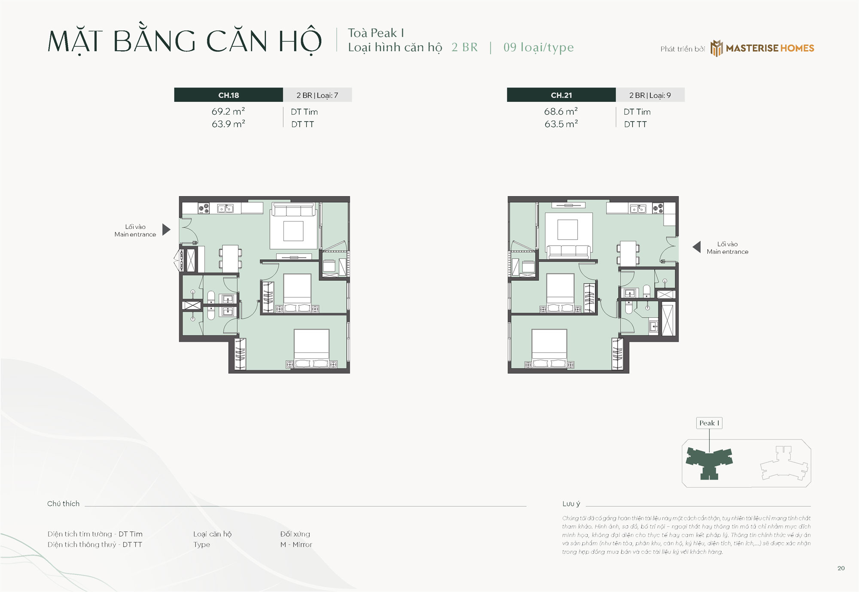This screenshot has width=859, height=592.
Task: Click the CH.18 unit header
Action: (x=228, y=95)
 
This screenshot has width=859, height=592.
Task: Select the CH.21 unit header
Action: (x=561, y=95)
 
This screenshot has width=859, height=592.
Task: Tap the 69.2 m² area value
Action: (x=228, y=111)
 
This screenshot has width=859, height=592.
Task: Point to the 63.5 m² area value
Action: (x=561, y=124)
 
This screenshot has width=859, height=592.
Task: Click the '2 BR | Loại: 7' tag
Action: (x=317, y=95)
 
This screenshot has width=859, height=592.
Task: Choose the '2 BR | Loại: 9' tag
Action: (x=650, y=95)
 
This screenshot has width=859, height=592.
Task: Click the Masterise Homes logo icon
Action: (x=716, y=48)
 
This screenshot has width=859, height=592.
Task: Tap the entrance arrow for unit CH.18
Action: (x=166, y=230)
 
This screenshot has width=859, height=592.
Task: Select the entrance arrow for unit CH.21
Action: (x=697, y=247)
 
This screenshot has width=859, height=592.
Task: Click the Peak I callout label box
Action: (x=709, y=423)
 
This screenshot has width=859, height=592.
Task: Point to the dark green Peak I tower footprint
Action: (x=709, y=463)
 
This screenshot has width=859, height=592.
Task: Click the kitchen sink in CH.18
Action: (x=225, y=208)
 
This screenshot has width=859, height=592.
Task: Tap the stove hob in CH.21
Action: (x=658, y=209)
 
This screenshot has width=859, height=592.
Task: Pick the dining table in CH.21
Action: (x=628, y=254)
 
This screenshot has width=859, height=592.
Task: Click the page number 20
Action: (x=841, y=568)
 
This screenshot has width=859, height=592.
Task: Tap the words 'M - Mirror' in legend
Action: (x=296, y=544)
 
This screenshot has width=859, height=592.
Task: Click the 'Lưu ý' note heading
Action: (x=571, y=504)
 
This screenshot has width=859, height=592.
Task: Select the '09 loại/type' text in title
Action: (x=539, y=47)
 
